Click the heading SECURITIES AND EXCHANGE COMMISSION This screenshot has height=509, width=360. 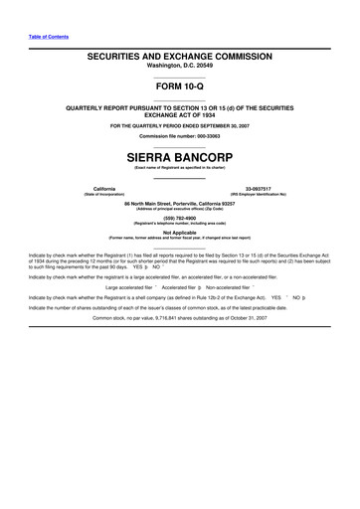179,61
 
